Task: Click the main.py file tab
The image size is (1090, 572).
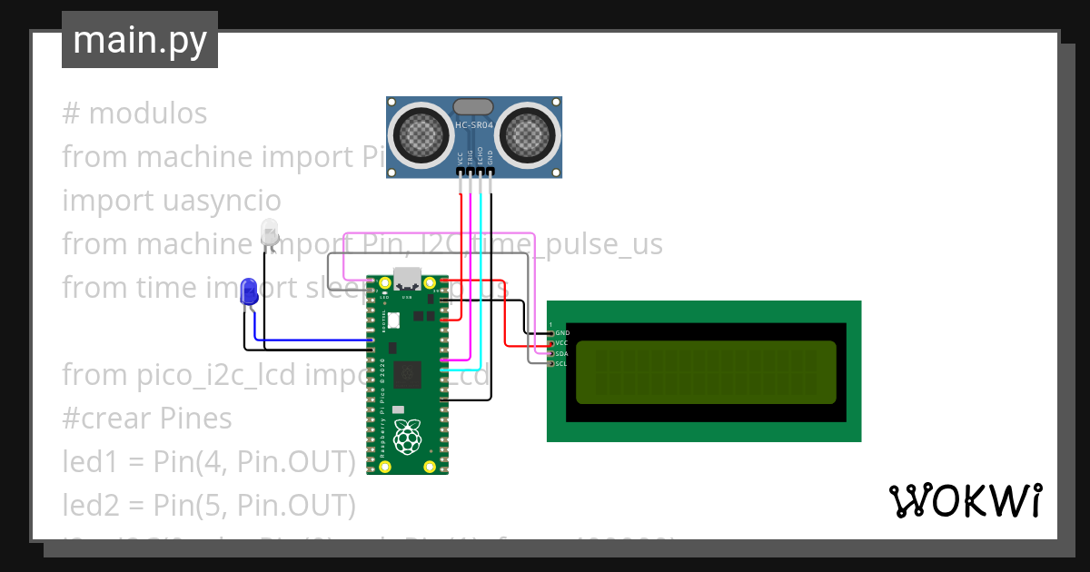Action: (x=139, y=40)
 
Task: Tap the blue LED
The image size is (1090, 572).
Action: (x=248, y=291)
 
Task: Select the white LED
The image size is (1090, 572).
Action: (x=270, y=232)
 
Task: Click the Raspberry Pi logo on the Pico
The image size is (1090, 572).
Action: (x=408, y=437)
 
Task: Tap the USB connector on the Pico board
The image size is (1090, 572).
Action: (x=406, y=278)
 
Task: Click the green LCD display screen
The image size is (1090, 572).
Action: (x=705, y=372)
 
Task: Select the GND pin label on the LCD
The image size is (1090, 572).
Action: (x=562, y=333)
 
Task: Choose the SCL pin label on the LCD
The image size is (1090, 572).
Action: (x=561, y=363)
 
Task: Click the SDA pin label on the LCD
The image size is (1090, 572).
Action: (x=561, y=353)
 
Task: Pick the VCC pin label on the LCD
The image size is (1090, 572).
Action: (x=561, y=343)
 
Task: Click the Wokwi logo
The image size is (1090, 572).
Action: (x=965, y=500)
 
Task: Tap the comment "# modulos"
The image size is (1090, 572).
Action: (x=134, y=113)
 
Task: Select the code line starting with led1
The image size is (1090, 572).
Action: (x=208, y=461)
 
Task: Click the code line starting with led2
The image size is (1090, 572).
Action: (x=208, y=504)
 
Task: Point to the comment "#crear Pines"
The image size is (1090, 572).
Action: (x=147, y=418)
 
